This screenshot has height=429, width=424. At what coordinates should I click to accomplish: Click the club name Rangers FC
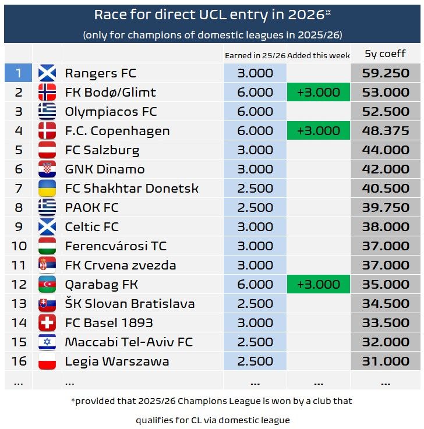pos(100,73)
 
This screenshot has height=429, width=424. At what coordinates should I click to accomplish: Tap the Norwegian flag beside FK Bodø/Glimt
pos(47,93)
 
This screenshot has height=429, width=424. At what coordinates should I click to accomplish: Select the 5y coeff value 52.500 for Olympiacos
pos(385,112)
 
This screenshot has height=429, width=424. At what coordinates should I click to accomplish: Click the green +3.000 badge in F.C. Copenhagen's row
pos(318,131)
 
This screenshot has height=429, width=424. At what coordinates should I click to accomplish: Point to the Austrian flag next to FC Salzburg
pos(47,150)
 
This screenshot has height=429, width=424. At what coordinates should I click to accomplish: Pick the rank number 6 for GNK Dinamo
pos(19,169)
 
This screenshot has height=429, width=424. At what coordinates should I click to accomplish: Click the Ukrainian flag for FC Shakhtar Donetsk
pos(47,189)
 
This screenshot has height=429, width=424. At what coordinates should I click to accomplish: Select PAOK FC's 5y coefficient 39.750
pos(385,208)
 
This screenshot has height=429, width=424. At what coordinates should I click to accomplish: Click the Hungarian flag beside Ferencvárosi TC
pos(47,246)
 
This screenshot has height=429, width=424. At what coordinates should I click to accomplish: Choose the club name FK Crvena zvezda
pos(121,265)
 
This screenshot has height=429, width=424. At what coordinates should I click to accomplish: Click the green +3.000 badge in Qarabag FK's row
pos(318,285)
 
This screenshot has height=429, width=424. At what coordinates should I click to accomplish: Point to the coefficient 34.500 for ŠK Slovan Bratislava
pos(385,304)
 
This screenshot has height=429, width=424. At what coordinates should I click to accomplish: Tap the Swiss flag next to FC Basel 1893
pos(47,323)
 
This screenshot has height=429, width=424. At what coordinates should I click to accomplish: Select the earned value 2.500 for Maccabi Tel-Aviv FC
pos(255,342)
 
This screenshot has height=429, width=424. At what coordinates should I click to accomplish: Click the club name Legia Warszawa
pos(117,361)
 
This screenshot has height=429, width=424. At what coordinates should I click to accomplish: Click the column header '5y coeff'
pos(385,54)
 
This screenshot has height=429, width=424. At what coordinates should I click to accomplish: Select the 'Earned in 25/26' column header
pos(255,55)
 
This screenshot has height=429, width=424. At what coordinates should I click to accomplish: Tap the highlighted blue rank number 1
pos(19,73)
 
